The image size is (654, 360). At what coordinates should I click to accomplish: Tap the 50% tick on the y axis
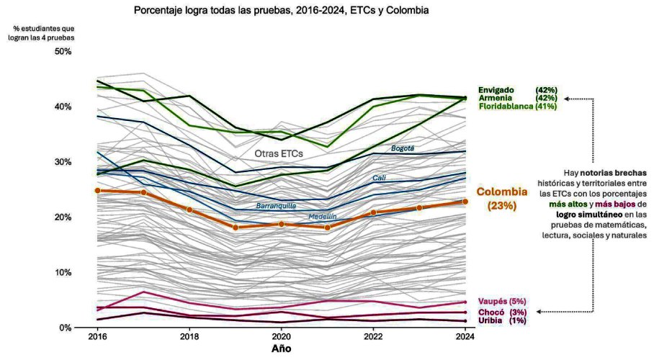[64, 52]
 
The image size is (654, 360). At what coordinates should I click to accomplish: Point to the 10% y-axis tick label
[64, 273]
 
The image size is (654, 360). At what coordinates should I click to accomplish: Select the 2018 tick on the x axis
[189, 337]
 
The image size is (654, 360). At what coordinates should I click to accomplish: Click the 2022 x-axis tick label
[373, 337]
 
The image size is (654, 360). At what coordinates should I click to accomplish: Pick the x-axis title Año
[281, 348]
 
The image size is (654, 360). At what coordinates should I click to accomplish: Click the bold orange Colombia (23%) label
[502, 199]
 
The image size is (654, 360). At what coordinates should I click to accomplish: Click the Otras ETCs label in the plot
[279, 153]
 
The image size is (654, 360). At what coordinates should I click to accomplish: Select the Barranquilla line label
[277, 207]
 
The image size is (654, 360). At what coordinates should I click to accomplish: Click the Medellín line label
[323, 217]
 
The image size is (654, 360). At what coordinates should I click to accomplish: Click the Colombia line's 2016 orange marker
[97, 191]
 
